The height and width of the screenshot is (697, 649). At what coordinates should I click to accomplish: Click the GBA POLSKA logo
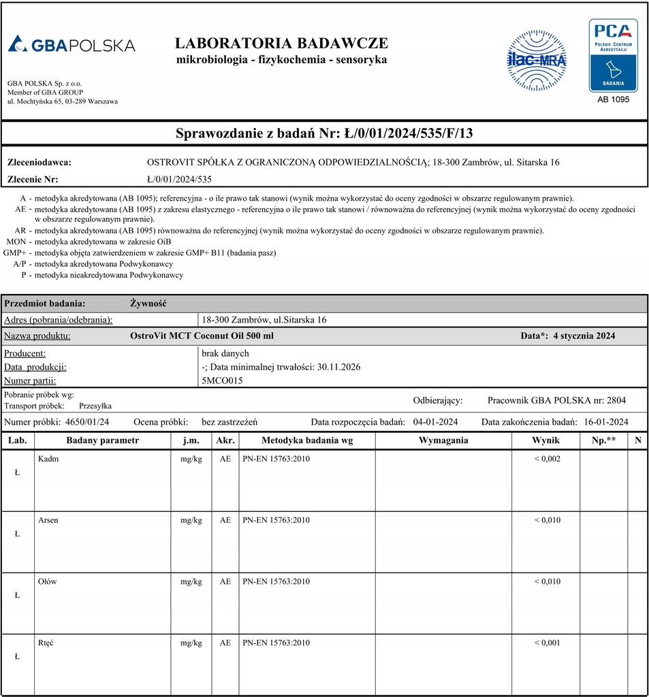72,45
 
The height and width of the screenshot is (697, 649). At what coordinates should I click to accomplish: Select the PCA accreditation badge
613,55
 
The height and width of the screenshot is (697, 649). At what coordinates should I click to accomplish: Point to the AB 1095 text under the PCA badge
613,99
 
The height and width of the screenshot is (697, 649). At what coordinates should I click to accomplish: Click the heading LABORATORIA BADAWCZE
281,43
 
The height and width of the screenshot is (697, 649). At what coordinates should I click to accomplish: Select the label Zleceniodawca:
39,163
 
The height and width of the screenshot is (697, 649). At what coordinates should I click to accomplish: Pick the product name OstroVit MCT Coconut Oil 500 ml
202,336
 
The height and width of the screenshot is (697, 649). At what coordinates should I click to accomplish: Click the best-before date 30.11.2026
338,367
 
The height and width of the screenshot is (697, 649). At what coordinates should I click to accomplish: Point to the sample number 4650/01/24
86,421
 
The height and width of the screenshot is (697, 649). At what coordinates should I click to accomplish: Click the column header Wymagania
443,440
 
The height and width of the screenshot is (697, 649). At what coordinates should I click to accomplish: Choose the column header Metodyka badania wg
306,440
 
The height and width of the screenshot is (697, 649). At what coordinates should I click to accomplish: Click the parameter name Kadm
48,459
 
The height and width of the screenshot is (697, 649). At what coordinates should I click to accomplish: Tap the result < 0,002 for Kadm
547,459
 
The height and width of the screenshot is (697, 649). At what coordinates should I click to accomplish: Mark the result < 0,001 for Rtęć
547,643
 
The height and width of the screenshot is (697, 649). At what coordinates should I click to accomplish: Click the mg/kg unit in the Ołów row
191,581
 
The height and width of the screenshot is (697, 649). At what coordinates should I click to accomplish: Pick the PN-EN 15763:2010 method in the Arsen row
276,520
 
